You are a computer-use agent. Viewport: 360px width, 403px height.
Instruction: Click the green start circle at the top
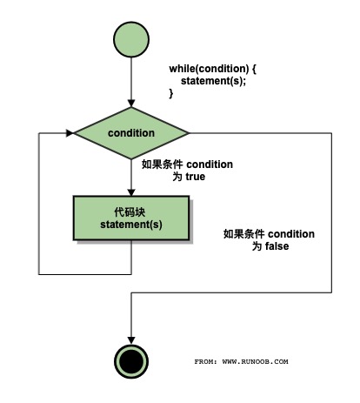[x=130, y=40]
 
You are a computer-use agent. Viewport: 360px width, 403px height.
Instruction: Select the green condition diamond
[x=130, y=133]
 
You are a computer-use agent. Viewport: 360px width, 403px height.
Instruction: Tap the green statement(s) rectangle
[x=131, y=218]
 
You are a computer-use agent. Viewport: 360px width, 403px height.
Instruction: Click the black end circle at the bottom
[x=130, y=360]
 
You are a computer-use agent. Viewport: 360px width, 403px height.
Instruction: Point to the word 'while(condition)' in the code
[x=209, y=69]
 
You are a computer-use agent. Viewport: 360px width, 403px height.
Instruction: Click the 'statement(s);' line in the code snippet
[x=214, y=81]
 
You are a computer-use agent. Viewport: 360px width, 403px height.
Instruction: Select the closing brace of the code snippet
[x=171, y=93]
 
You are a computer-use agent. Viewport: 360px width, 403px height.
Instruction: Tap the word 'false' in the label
[x=276, y=246]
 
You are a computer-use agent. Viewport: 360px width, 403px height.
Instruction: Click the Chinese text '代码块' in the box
[x=131, y=212]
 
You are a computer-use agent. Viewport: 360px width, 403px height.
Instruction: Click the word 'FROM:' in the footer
[x=205, y=360]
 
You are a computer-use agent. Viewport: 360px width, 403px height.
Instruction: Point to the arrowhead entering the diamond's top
[x=130, y=104]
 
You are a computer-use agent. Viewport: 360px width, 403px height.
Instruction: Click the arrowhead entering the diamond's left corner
[x=69, y=133]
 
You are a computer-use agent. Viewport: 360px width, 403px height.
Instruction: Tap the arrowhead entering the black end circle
[x=130, y=339]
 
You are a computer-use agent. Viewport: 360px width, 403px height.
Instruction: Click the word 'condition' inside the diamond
[x=131, y=133]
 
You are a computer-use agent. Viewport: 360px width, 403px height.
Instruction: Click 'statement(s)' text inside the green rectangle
[x=131, y=225]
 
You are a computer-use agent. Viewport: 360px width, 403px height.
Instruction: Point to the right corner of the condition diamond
[x=189, y=133]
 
